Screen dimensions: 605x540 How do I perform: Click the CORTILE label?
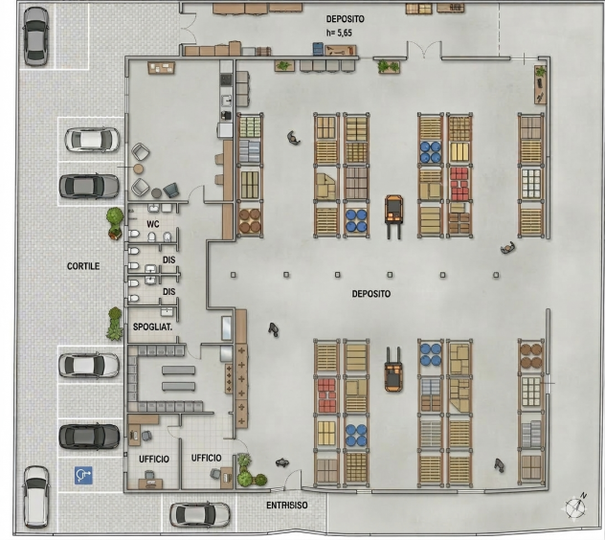(x=83, y=266)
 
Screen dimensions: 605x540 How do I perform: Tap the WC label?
(x=153, y=224)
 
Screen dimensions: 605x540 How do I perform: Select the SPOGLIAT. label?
(x=152, y=326)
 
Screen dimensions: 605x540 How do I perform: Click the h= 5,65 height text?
(x=339, y=33)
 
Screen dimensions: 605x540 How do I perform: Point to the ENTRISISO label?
(x=287, y=505)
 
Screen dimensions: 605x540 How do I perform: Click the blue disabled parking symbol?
(x=83, y=475)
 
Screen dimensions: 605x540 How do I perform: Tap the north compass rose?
(x=575, y=506)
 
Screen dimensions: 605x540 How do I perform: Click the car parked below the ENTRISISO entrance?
(x=200, y=514)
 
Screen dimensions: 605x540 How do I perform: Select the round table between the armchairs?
(x=138, y=169)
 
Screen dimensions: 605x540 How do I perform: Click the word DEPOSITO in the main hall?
(x=371, y=294)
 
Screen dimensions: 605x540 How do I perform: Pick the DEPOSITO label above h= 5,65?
(x=345, y=19)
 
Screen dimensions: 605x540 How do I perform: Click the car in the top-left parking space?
(x=35, y=35)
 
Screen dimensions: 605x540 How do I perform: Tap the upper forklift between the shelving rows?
(x=393, y=216)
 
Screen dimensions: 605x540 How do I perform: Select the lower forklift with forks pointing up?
(x=393, y=370)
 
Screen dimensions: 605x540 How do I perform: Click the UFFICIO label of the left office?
(x=154, y=459)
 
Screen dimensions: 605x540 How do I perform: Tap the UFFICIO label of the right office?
(x=207, y=458)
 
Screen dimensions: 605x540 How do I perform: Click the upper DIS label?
(x=169, y=259)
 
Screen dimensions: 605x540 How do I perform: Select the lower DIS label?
(x=169, y=291)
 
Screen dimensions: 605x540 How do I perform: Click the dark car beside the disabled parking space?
(x=89, y=437)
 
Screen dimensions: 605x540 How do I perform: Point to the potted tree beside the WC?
(x=115, y=223)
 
